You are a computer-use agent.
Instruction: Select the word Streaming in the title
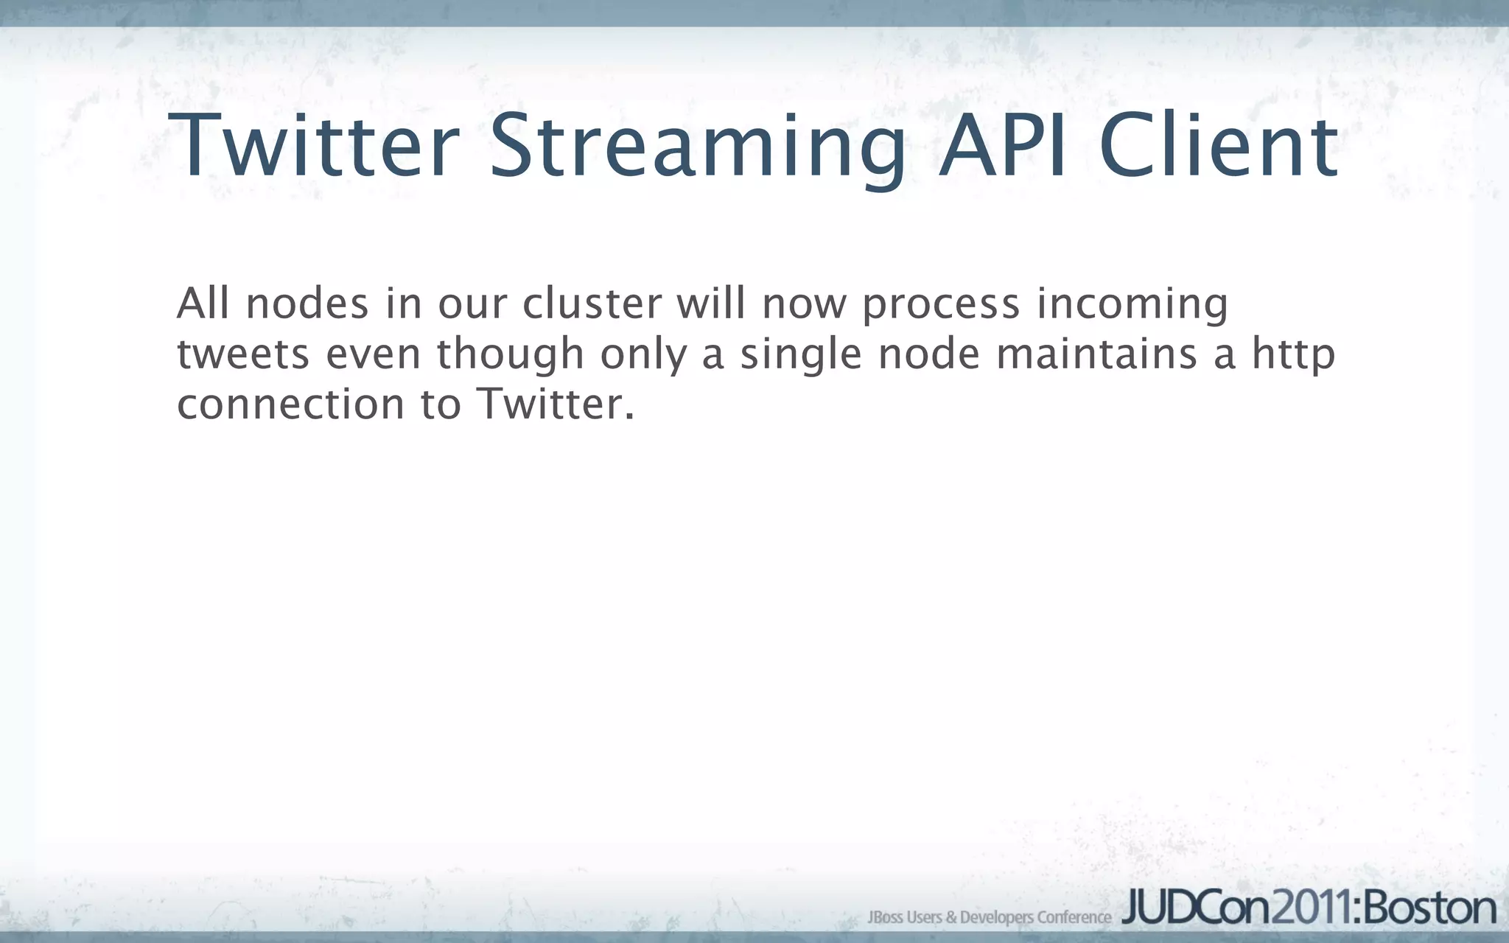[x=696, y=147]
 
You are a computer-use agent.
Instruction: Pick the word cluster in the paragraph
[x=592, y=304]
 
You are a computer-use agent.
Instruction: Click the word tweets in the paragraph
[x=243, y=354]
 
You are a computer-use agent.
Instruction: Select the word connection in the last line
[x=290, y=404]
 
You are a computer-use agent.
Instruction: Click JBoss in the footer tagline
[x=885, y=917]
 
